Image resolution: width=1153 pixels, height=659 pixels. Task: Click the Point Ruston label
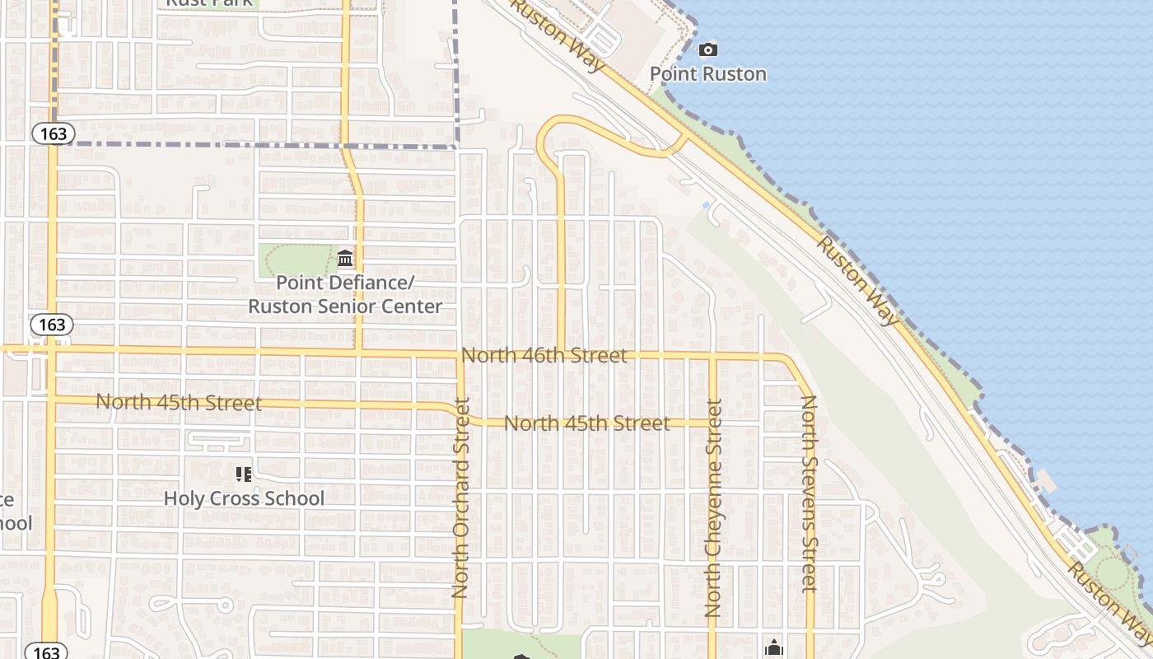pyautogui.click(x=708, y=73)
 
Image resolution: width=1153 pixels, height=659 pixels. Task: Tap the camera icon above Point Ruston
pyautogui.click(x=707, y=50)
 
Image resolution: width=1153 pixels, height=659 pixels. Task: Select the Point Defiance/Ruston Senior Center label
pyautogui.click(x=345, y=294)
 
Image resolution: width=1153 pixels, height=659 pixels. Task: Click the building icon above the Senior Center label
pyautogui.click(x=345, y=259)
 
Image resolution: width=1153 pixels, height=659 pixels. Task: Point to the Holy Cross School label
pyautogui.click(x=244, y=498)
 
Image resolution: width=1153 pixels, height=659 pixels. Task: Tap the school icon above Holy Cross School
pyautogui.click(x=243, y=474)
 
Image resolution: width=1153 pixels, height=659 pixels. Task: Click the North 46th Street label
pyautogui.click(x=544, y=356)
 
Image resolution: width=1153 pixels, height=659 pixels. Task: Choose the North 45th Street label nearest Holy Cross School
pyautogui.click(x=179, y=403)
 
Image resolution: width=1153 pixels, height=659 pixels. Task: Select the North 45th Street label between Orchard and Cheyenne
pyautogui.click(x=586, y=423)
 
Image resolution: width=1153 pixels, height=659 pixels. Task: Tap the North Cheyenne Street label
pyautogui.click(x=713, y=508)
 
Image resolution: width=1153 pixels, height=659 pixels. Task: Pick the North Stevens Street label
pyautogui.click(x=810, y=494)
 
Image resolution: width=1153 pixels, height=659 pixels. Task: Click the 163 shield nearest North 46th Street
pyautogui.click(x=51, y=325)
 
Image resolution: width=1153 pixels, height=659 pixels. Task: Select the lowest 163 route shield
pyautogui.click(x=46, y=652)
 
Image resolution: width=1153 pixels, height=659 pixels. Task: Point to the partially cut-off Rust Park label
pyautogui.click(x=209, y=3)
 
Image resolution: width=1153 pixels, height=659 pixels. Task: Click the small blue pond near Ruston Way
pyautogui.click(x=706, y=204)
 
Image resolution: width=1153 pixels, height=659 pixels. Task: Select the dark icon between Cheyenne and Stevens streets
pyautogui.click(x=773, y=648)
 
